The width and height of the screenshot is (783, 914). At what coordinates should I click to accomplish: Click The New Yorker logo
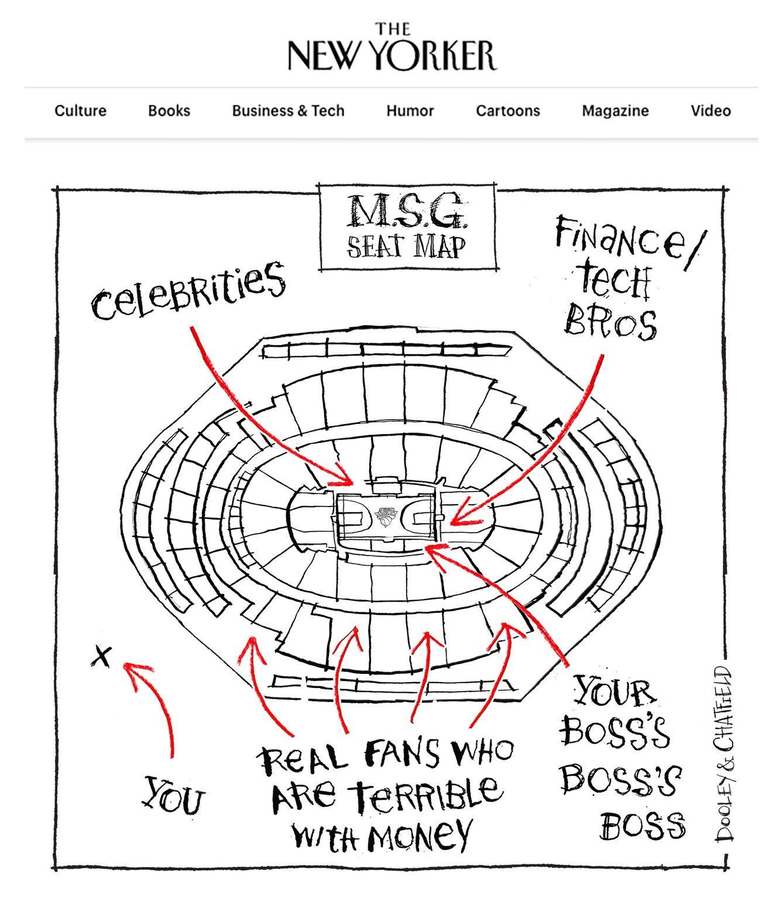pyautogui.click(x=392, y=46)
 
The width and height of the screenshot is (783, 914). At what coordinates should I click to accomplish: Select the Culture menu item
pyautogui.click(x=80, y=111)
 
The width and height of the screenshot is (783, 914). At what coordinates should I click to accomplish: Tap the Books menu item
pyautogui.click(x=169, y=111)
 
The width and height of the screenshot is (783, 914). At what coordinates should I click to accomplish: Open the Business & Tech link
pyautogui.click(x=288, y=111)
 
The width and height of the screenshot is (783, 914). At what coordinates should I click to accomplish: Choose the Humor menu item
pyautogui.click(x=410, y=111)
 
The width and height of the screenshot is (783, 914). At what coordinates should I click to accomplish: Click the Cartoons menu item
pyautogui.click(x=508, y=111)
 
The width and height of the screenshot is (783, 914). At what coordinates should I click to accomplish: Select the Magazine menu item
pyautogui.click(x=615, y=111)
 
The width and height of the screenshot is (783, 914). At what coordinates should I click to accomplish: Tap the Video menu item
pyautogui.click(x=710, y=111)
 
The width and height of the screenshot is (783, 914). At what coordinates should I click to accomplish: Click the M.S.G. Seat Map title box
pyautogui.click(x=407, y=227)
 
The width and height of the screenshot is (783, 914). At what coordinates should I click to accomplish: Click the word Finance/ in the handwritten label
pyautogui.click(x=630, y=243)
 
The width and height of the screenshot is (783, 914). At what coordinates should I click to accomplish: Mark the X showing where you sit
pyautogui.click(x=102, y=657)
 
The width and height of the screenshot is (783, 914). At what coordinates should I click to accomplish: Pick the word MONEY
pyautogui.click(x=419, y=834)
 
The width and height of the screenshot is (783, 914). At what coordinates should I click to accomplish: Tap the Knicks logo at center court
pyautogui.click(x=386, y=516)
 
